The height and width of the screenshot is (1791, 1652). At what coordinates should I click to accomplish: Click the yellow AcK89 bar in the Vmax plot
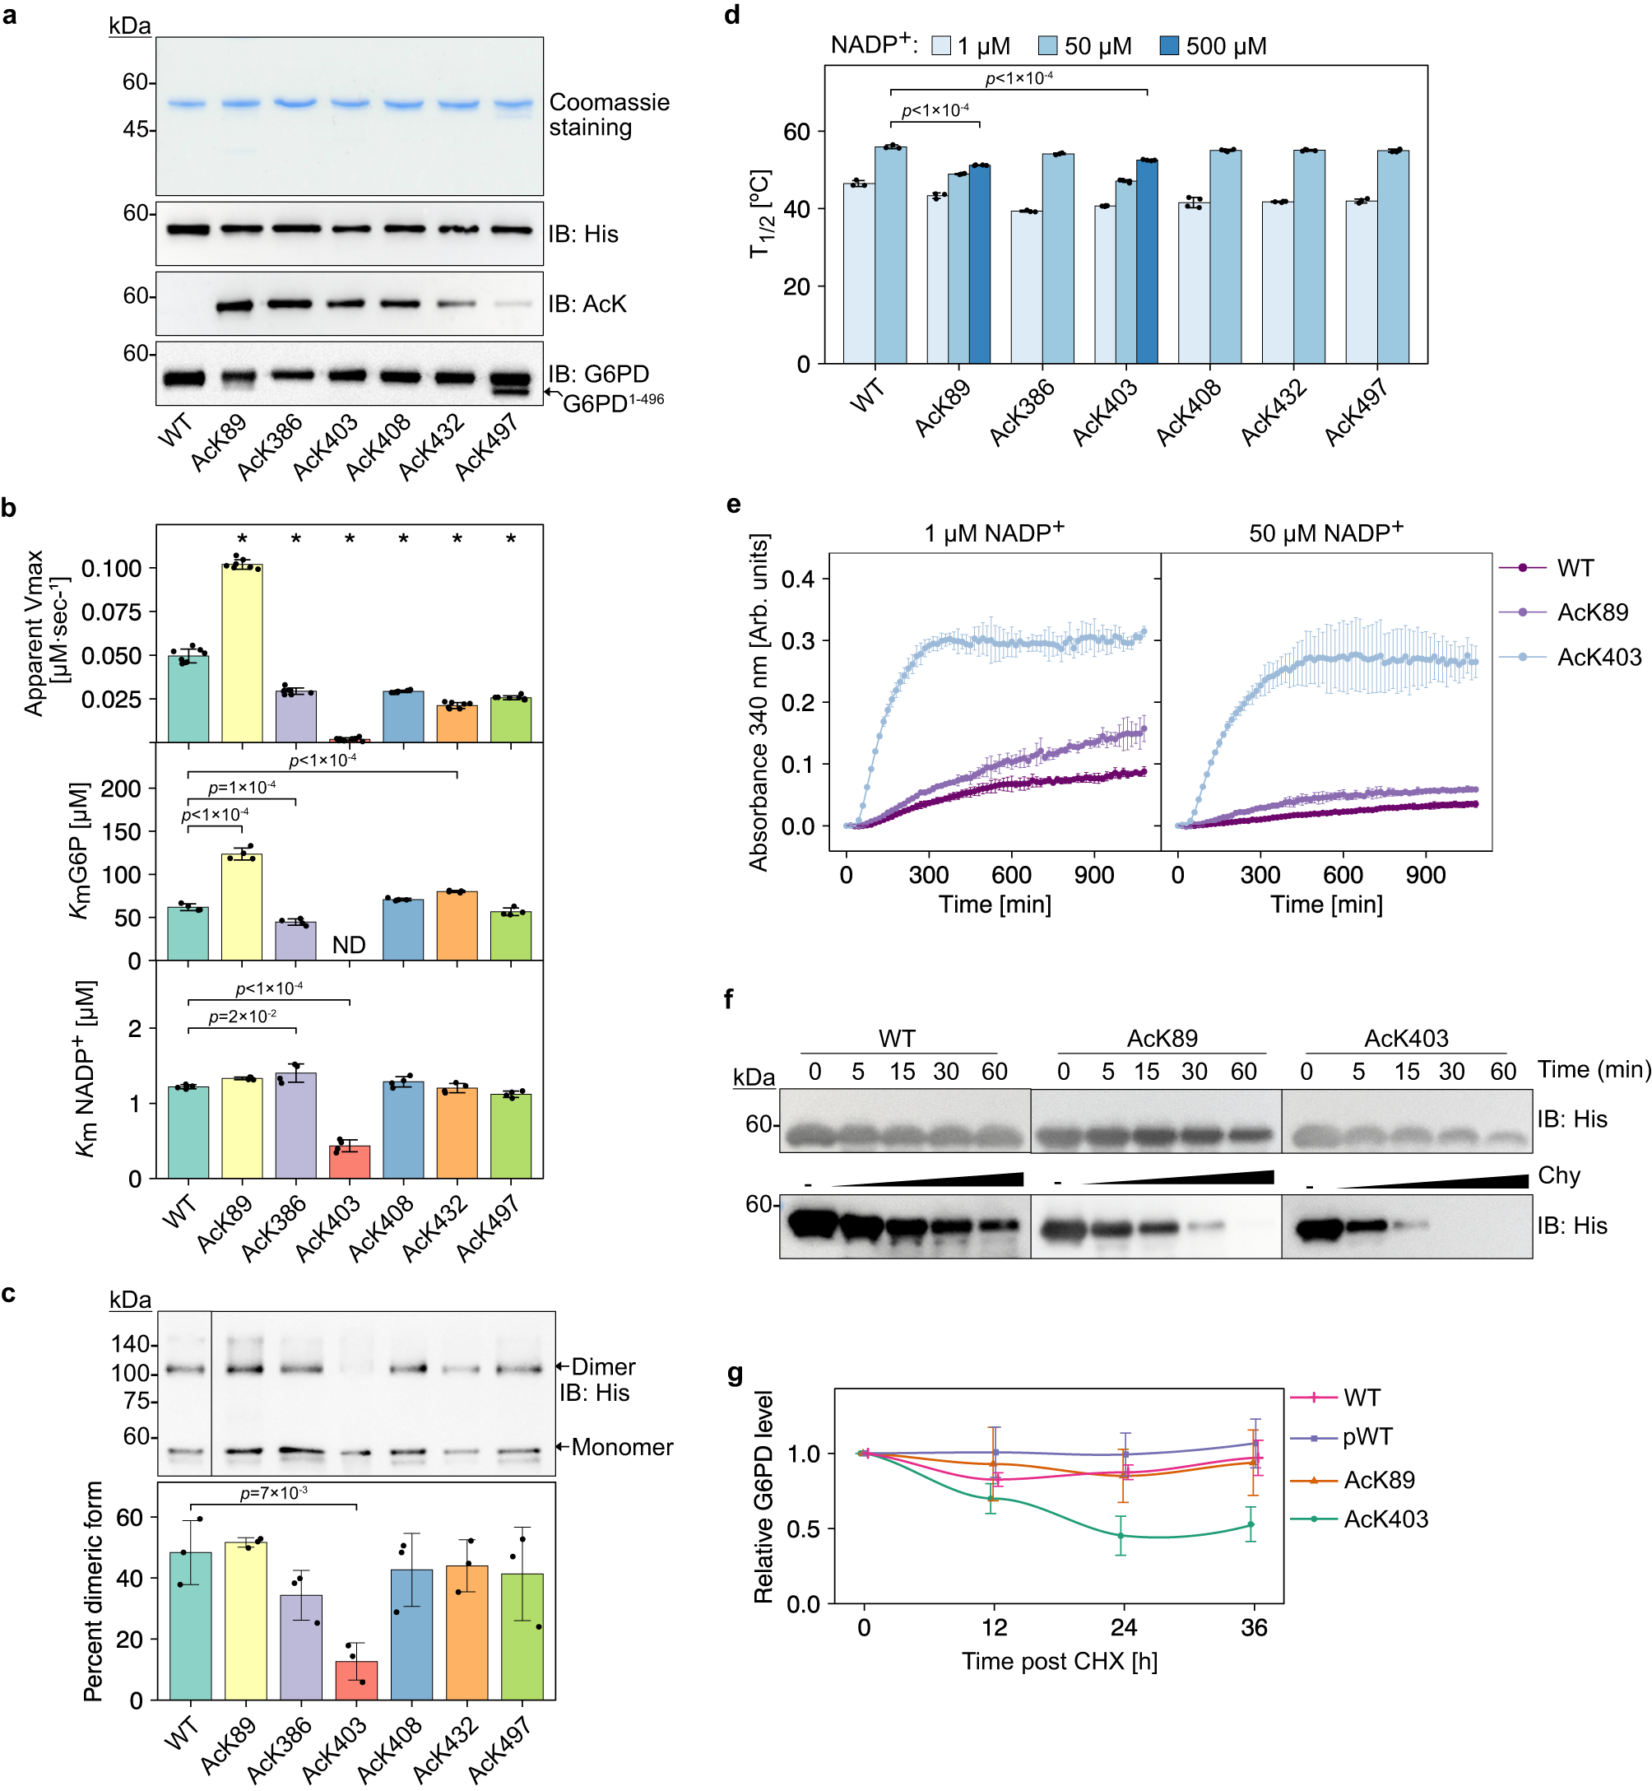pyautogui.click(x=242, y=653)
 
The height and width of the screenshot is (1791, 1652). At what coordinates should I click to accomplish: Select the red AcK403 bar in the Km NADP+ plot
pyautogui.click(x=350, y=1161)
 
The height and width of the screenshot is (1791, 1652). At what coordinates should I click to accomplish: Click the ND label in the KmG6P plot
pyautogui.click(x=349, y=945)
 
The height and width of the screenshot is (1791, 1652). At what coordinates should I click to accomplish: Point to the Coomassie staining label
pyautogui.click(x=608, y=114)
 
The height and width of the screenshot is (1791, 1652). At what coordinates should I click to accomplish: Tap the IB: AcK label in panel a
pyautogui.click(x=587, y=304)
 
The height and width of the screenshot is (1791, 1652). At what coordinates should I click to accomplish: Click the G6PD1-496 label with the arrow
pyautogui.click(x=612, y=403)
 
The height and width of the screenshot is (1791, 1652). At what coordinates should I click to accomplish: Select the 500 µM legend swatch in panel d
pyautogui.click(x=1168, y=45)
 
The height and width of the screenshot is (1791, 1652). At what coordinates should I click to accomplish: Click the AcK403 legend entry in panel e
pyautogui.click(x=1599, y=657)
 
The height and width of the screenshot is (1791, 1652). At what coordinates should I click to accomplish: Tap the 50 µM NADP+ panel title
pyautogui.click(x=1325, y=533)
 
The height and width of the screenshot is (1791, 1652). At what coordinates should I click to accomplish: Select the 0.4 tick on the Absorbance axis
pyautogui.click(x=797, y=579)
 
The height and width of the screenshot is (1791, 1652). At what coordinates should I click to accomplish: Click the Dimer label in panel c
pyautogui.click(x=603, y=1366)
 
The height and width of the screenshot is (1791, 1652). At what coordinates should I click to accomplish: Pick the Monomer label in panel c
pyautogui.click(x=621, y=1447)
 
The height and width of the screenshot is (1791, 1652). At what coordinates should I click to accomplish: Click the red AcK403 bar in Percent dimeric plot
pyautogui.click(x=355, y=1681)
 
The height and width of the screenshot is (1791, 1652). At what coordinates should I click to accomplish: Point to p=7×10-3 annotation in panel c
pyautogui.click(x=273, y=1493)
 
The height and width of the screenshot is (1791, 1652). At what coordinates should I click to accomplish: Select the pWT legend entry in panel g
pyautogui.click(x=1367, y=1437)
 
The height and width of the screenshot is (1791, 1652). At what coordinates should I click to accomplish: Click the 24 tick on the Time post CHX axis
pyautogui.click(x=1124, y=1628)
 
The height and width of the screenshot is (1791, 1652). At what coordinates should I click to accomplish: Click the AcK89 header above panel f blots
pyautogui.click(x=1161, y=1038)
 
